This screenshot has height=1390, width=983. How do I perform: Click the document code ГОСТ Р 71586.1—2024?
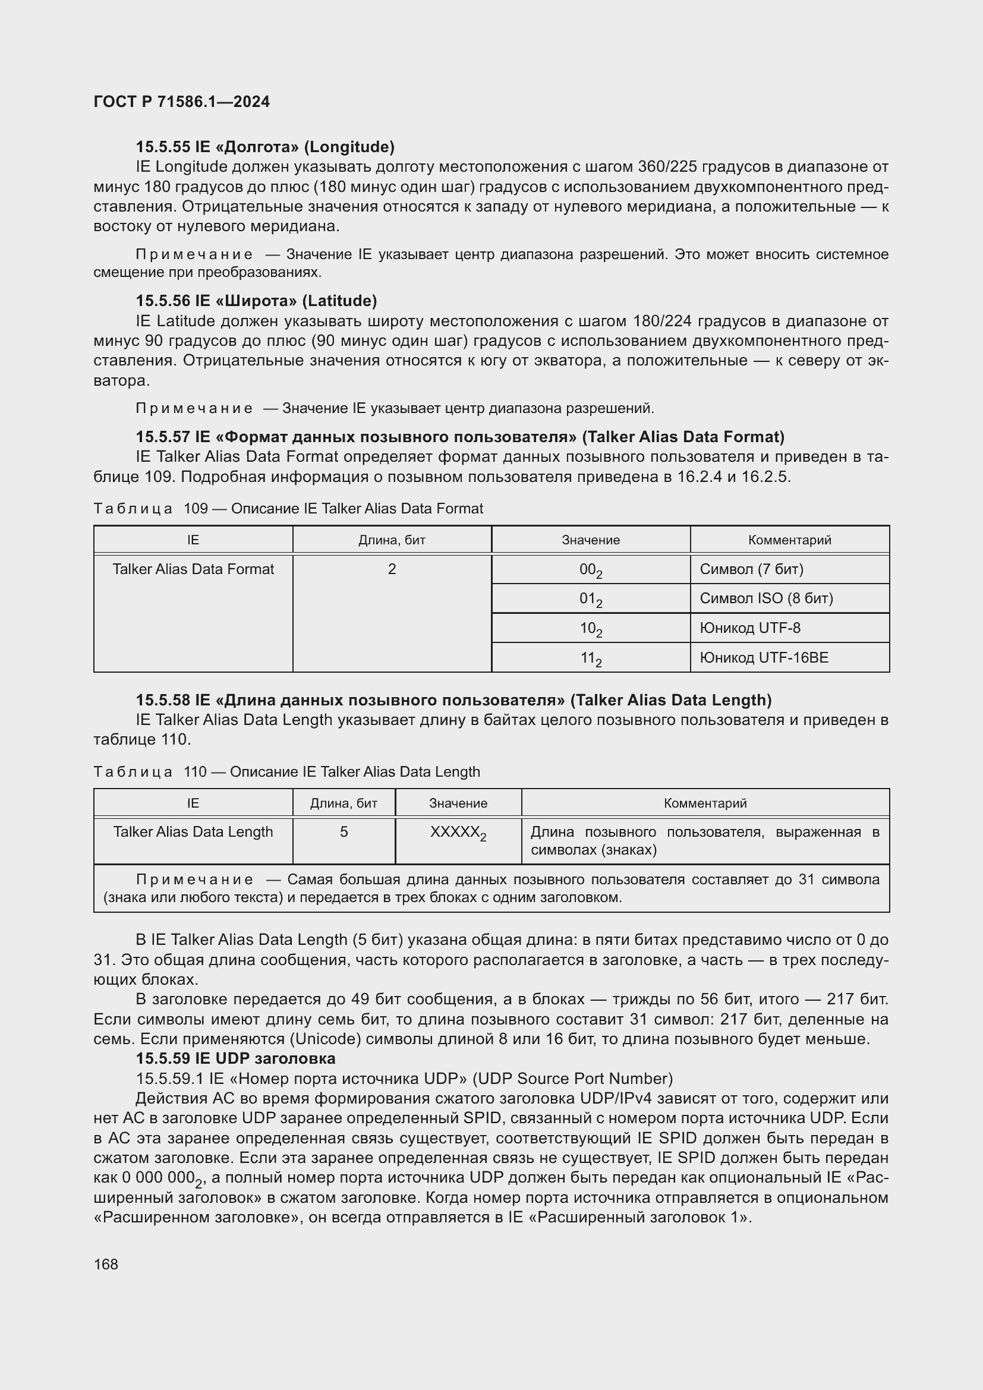182,102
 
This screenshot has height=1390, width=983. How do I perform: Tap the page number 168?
106,1264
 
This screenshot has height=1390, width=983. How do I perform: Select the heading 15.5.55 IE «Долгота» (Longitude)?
264,147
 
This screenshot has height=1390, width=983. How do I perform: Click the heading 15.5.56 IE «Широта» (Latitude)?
256,301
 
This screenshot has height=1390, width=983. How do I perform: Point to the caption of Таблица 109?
288,509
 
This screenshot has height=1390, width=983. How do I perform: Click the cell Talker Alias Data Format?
193,569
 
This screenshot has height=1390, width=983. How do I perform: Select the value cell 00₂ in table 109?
590,571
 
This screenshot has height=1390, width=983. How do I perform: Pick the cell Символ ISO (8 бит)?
765,599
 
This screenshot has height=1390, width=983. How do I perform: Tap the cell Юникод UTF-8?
749,628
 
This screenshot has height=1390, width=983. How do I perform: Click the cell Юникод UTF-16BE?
763,657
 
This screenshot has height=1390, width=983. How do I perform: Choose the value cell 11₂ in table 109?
590,658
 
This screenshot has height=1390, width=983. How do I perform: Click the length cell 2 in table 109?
392,569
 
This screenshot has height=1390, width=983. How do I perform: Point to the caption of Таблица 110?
286,772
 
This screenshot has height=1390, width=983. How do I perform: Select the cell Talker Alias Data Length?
193,832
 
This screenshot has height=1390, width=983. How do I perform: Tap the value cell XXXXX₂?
458,833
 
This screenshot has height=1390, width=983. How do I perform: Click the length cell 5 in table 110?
344,832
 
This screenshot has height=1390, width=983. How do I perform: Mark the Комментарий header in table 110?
705,803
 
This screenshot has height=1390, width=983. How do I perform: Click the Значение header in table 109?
590,540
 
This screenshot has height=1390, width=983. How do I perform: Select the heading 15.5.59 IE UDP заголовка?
235,1059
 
